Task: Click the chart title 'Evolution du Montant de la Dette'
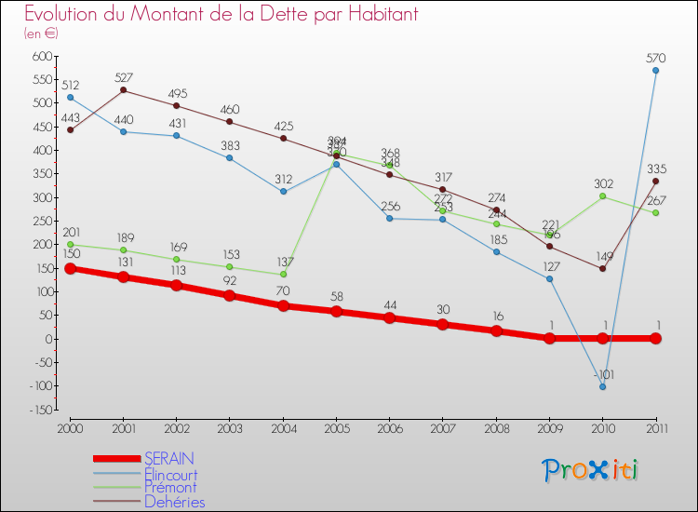(221, 15)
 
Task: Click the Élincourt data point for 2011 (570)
(656, 70)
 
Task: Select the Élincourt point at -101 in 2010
(603, 386)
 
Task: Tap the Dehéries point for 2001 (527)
(124, 90)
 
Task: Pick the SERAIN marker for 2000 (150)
(70, 268)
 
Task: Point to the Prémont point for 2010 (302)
(603, 196)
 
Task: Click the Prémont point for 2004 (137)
(283, 274)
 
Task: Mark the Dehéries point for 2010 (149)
(603, 268)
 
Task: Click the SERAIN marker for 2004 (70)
(283, 305)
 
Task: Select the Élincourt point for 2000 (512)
(70, 97)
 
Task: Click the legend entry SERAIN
(169, 459)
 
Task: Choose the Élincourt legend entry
(170, 474)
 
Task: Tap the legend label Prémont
(170, 488)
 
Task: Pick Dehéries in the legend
(174, 502)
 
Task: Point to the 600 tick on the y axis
(43, 56)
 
